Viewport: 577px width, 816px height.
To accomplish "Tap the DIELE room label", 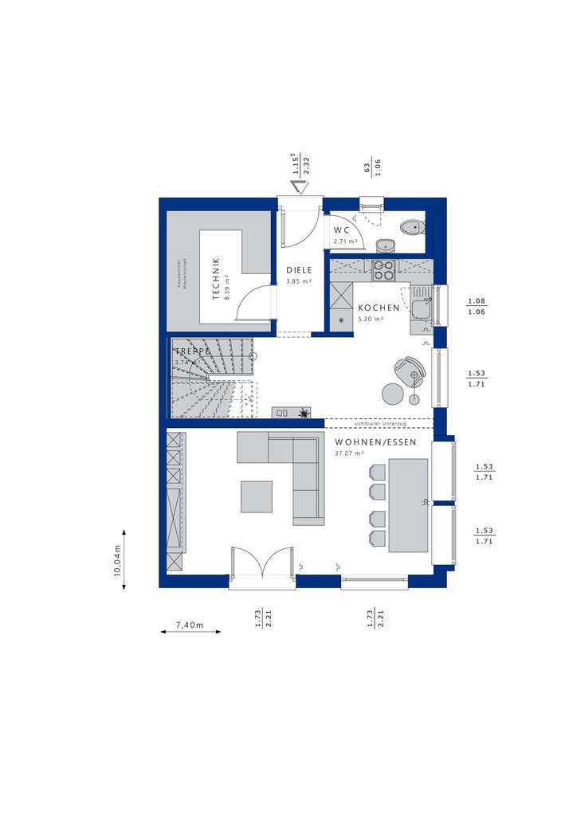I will pyautogui.click(x=299, y=270).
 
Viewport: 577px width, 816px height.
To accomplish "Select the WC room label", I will pyautogui.click(x=342, y=230).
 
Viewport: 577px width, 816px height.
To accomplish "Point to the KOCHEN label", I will pyautogui.click(x=378, y=308).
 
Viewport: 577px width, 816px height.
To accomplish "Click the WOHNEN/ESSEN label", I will pyautogui.click(x=375, y=442).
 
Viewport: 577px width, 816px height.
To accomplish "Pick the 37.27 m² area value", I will pyautogui.click(x=349, y=453).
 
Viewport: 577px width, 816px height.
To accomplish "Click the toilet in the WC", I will pyautogui.click(x=412, y=227).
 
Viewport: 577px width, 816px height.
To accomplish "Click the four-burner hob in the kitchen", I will pyautogui.click(x=383, y=270).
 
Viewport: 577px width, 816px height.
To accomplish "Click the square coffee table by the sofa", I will pyautogui.click(x=257, y=496).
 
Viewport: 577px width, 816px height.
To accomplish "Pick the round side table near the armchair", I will pyautogui.click(x=391, y=394).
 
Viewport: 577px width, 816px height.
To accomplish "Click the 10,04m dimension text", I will pyautogui.click(x=117, y=559).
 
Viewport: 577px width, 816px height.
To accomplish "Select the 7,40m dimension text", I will pyautogui.click(x=190, y=625).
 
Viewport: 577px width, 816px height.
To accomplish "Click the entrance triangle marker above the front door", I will pyautogui.click(x=299, y=187).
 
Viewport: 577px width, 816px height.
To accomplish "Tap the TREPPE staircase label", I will pyautogui.click(x=192, y=351).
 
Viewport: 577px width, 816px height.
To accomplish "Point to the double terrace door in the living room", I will pyautogui.click(x=262, y=567).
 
